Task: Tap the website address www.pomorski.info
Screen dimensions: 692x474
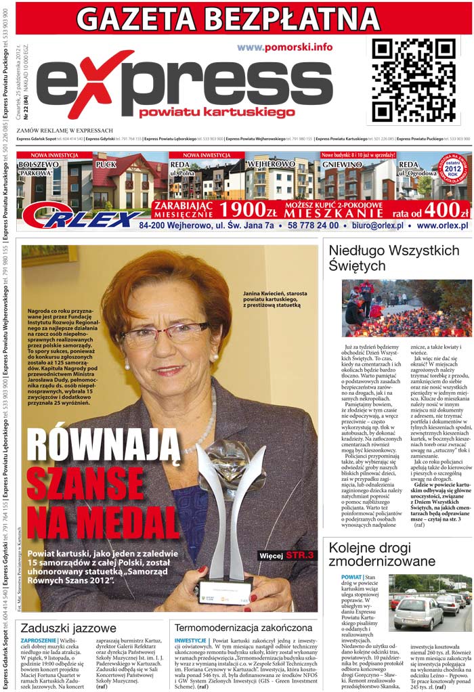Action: point(284,47)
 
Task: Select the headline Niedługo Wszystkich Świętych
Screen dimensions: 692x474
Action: point(393,258)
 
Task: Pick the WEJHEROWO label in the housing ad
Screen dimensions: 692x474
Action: point(271,165)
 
